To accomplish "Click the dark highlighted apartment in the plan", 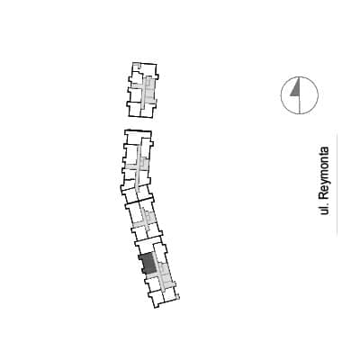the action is pyautogui.click(x=148, y=264).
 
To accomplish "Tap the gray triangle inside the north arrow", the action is pyautogui.click(x=296, y=89).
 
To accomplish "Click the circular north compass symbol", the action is pyautogui.click(x=300, y=95).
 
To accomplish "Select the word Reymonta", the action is pyautogui.click(x=324, y=174).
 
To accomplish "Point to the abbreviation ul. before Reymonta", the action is pyautogui.click(x=324, y=209).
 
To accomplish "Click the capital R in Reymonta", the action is pyautogui.click(x=324, y=195).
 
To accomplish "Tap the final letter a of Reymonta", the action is pyautogui.click(x=324, y=149).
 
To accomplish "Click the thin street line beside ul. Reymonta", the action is pyautogui.click(x=337, y=184).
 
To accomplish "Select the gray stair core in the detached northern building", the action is pyautogui.click(x=149, y=90).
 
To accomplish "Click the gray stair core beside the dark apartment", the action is pyautogui.click(x=165, y=274).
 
